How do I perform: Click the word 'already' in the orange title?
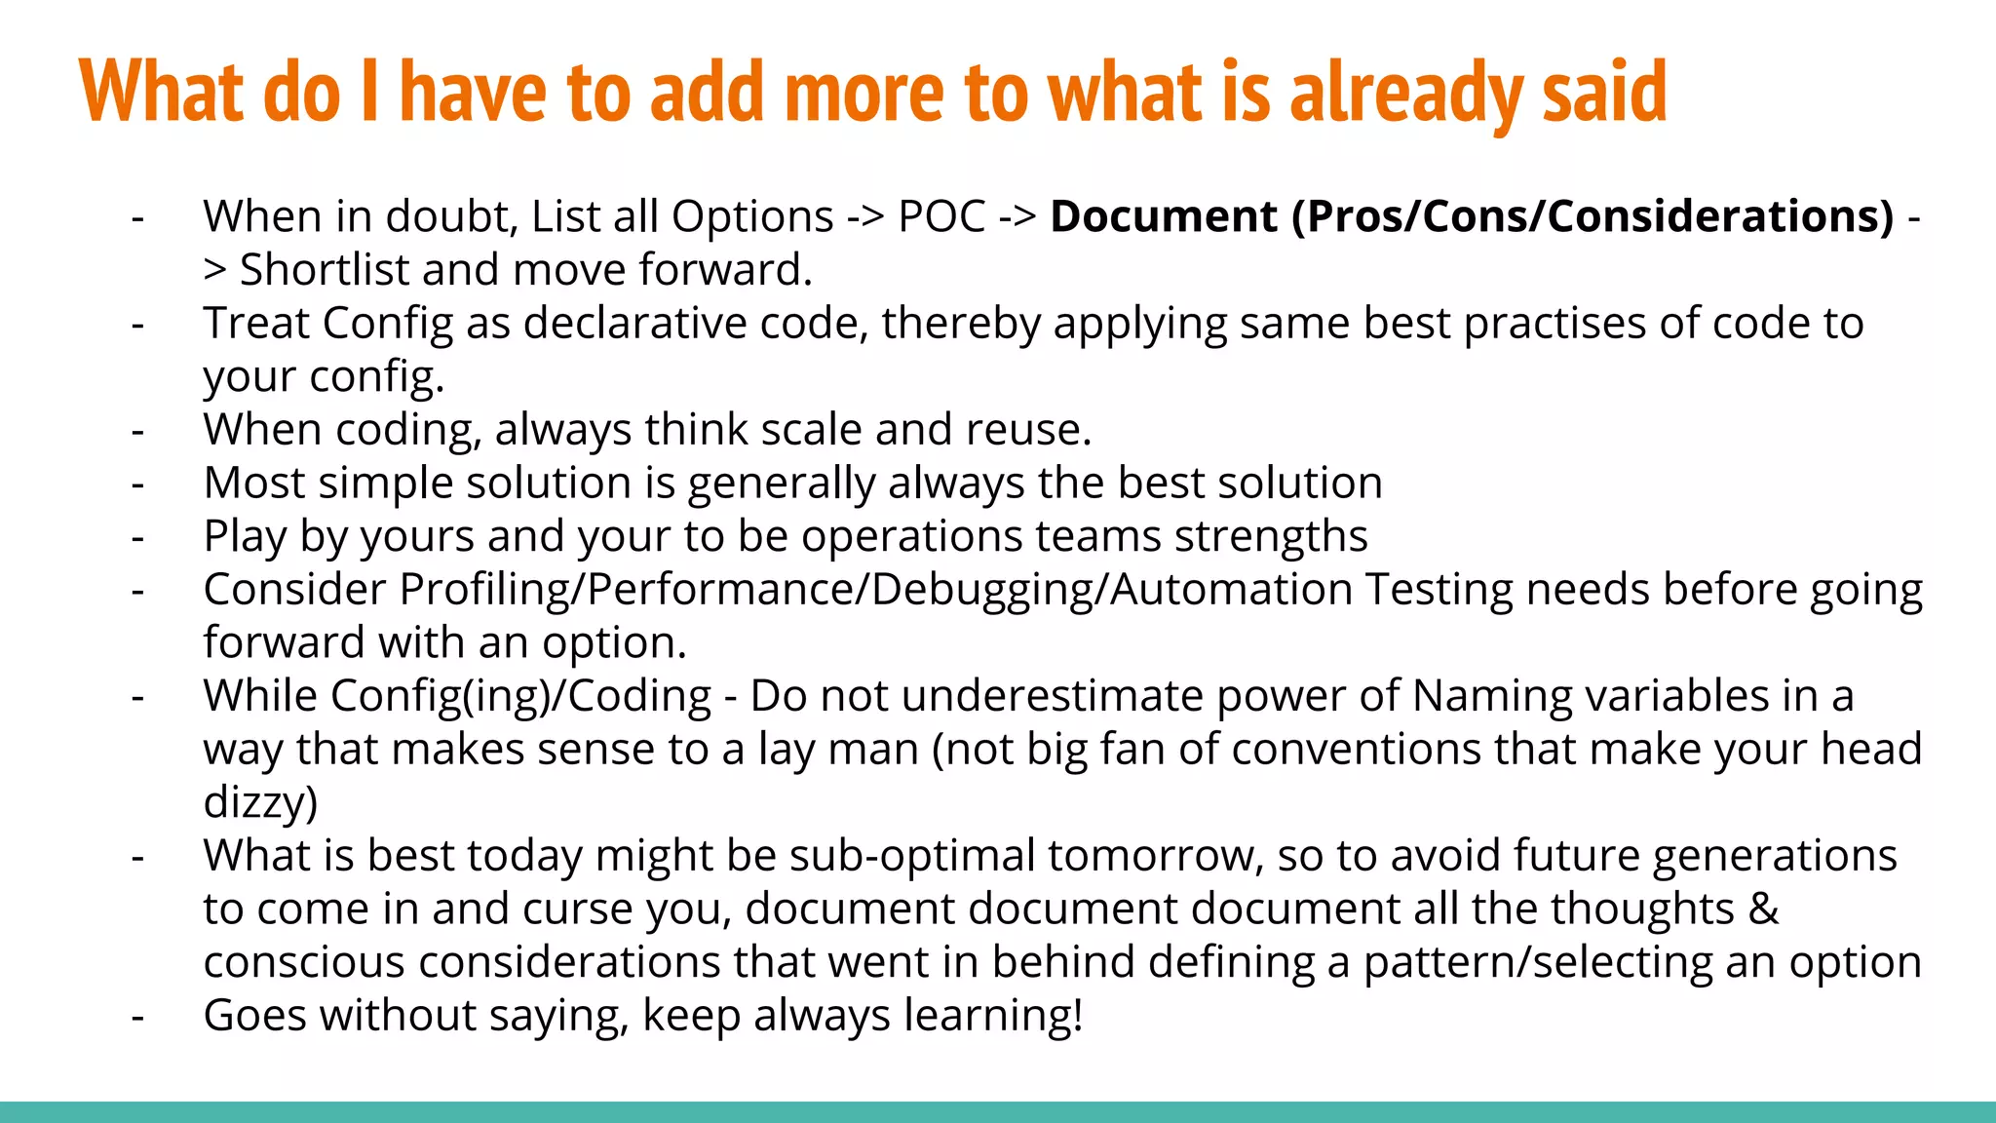(x=1404, y=93)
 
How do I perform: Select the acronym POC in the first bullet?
(x=941, y=216)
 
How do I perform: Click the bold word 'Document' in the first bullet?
(x=1164, y=216)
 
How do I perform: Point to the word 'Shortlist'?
(x=324, y=270)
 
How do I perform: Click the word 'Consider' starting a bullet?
(x=295, y=590)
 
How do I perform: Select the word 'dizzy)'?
(x=260, y=803)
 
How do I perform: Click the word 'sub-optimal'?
(x=912, y=856)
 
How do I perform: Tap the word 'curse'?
(x=578, y=910)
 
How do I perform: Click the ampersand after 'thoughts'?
(x=1764, y=910)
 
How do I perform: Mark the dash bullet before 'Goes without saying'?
(x=138, y=1016)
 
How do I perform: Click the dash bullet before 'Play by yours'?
(x=138, y=537)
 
